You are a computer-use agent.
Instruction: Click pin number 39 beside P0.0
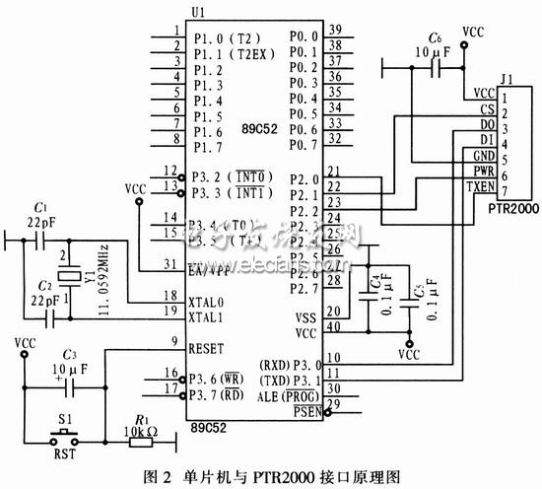(334, 32)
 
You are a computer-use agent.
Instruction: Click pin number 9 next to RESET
(173, 343)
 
